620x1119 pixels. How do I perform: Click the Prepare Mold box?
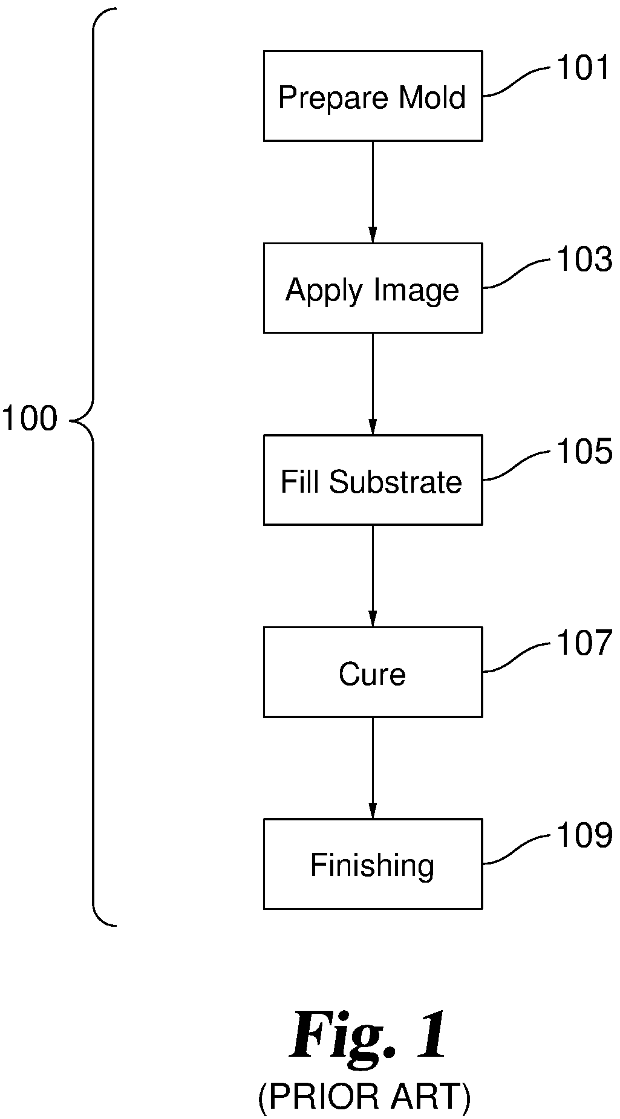click(x=373, y=96)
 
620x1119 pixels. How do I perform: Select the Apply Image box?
click(x=373, y=288)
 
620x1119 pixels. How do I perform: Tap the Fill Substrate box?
click(x=373, y=479)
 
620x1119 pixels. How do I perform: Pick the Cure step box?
click(x=373, y=672)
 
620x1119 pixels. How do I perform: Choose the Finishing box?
click(x=373, y=863)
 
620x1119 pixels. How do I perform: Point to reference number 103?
click(x=584, y=259)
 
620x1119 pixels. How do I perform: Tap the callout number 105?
click(x=584, y=451)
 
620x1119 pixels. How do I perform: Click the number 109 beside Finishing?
click(x=584, y=835)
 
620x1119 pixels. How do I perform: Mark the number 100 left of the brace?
click(x=30, y=418)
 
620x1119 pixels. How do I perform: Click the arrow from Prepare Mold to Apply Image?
click(x=373, y=192)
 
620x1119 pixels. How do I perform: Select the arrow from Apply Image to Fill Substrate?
click(x=373, y=384)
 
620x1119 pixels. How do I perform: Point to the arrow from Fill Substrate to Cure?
click(x=373, y=576)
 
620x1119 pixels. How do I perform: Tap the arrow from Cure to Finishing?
click(x=373, y=768)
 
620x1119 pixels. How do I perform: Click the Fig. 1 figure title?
click(x=370, y=1036)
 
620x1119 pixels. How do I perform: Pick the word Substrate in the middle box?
click(x=396, y=482)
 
